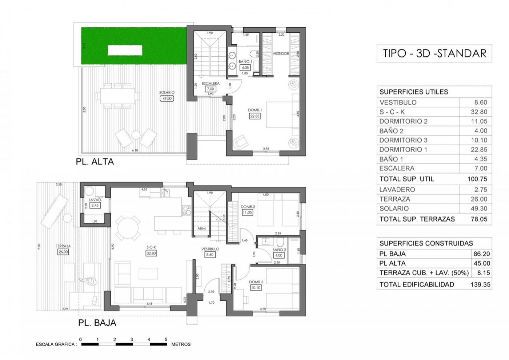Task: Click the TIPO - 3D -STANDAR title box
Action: pos(434,53)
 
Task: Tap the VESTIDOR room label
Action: pos(281,54)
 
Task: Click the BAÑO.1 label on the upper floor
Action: pos(245,62)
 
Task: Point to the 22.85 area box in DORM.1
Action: pos(255,116)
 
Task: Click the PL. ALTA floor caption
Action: pos(95,162)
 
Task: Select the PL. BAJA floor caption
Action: pos(97,322)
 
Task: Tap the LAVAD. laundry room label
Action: pos(95,200)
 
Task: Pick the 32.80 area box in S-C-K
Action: pos(151,253)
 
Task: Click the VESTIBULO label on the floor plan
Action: pos(211,249)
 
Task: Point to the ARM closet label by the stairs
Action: pos(201,228)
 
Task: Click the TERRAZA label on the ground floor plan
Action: pos(63,246)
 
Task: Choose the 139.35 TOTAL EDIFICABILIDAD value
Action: pos(480,284)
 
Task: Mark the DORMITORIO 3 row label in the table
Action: pos(403,140)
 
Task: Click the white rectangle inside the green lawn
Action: pos(125,50)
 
